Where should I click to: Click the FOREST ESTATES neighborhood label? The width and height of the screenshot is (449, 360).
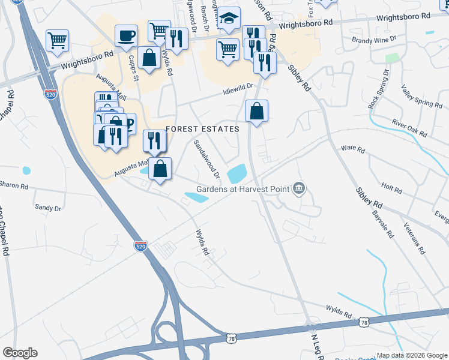(x=202, y=129)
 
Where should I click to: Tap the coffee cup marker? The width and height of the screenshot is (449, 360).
(x=126, y=35)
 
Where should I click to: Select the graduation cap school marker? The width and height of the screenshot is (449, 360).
(x=229, y=18)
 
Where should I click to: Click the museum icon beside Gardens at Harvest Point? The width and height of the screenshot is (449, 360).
(x=299, y=190)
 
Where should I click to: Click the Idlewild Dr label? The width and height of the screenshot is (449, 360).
(x=238, y=89)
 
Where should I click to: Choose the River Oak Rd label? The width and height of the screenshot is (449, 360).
(x=408, y=127)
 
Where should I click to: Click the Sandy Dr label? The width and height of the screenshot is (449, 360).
(x=48, y=208)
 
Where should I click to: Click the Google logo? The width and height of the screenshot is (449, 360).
(x=20, y=353)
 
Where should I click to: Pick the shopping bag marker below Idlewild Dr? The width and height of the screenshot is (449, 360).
(x=256, y=111)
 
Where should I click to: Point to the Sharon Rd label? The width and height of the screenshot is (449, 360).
(x=14, y=186)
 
